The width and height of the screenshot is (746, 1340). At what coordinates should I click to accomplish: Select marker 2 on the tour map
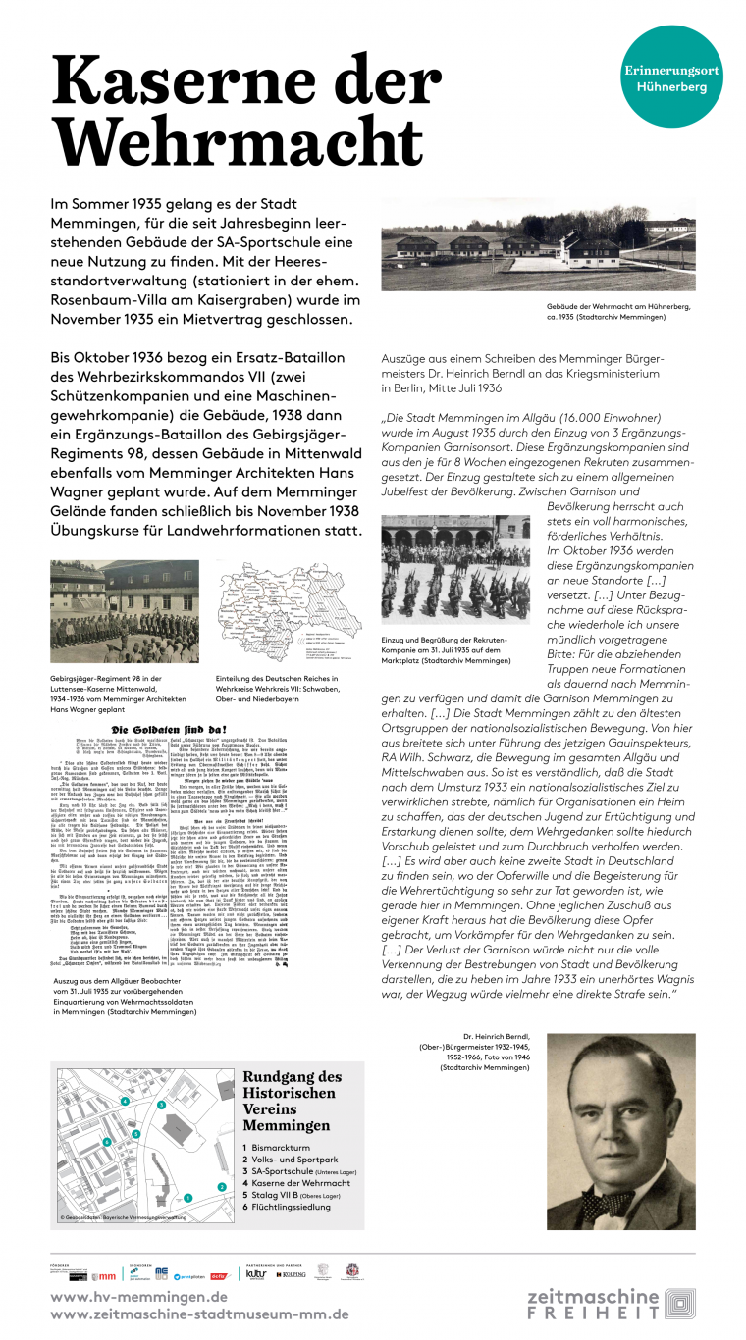pos(222,1187)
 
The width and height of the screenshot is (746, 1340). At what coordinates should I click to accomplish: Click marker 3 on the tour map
pos(160,1106)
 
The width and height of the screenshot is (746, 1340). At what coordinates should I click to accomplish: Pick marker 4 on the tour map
pos(127,1101)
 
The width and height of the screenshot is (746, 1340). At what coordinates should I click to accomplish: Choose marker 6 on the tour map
pos(106,1142)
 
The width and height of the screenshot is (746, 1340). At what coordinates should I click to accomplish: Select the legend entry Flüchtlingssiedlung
pos(294,1207)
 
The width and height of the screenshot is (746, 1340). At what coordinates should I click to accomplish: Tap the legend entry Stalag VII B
pos(292,1195)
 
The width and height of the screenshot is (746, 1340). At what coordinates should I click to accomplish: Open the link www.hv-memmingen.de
pos(138,1296)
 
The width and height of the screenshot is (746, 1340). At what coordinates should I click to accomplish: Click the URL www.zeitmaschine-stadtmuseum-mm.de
pos(199,1314)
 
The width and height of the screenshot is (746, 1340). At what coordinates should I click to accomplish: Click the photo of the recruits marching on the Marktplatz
pos(453,571)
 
